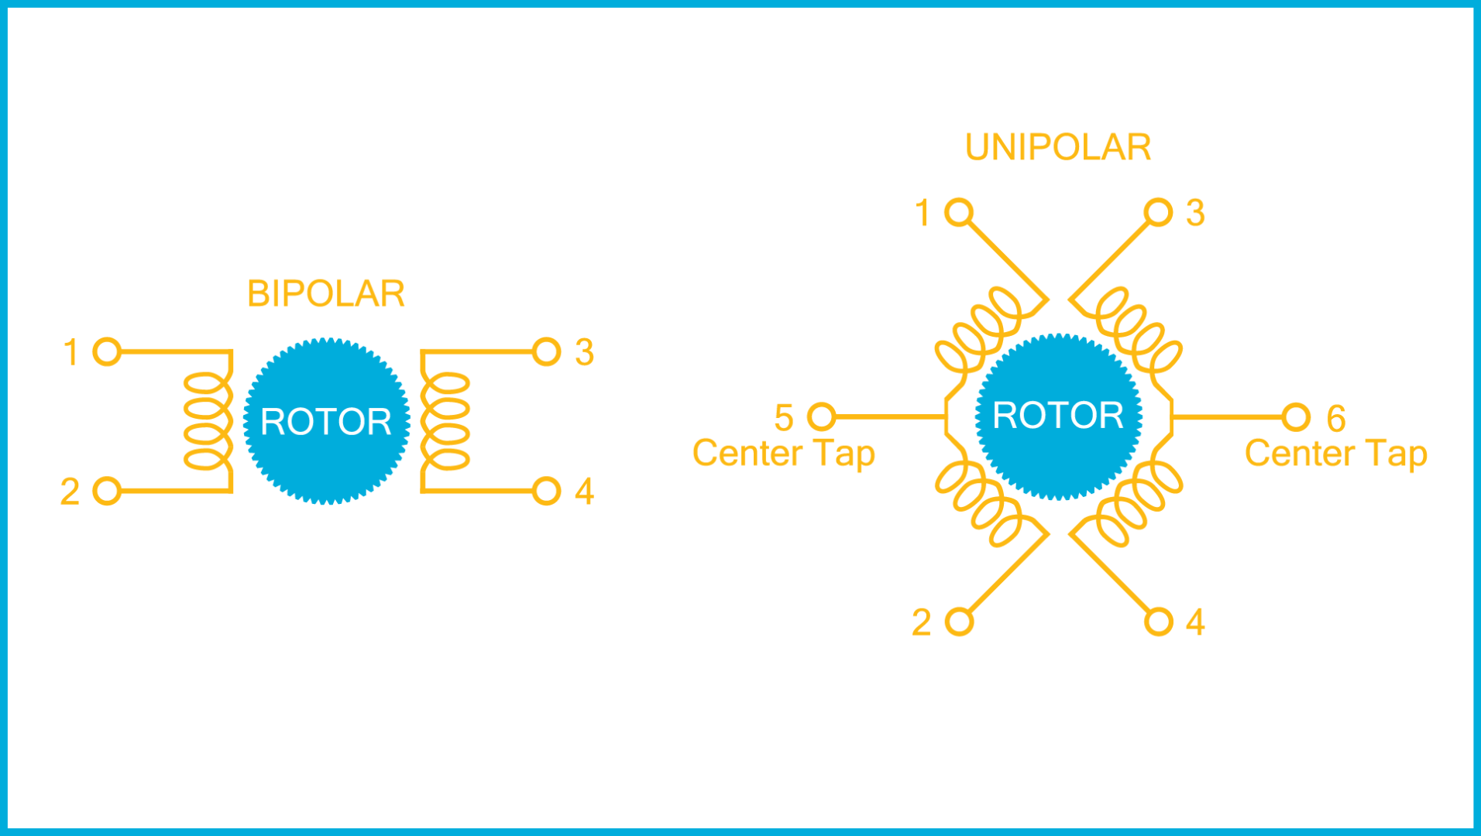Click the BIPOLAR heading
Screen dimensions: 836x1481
[325, 293]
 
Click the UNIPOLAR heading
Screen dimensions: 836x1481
[1058, 147]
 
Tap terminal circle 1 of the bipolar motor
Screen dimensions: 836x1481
[107, 351]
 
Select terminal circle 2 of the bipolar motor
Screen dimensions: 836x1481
[107, 491]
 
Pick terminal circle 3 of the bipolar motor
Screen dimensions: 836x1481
[546, 351]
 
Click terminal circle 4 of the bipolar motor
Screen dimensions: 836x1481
[546, 491]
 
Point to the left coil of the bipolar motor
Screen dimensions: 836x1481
[208, 421]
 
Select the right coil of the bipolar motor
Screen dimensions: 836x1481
[445, 421]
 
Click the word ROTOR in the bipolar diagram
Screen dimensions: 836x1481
[325, 422]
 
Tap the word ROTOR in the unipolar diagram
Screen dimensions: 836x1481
[1058, 416]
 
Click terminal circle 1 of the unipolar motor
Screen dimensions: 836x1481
[959, 212]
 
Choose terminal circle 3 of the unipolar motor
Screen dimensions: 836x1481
[1158, 212]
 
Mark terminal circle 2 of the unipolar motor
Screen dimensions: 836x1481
[959, 622]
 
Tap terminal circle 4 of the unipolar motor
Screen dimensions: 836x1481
[1158, 622]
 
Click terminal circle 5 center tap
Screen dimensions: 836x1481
[822, 416]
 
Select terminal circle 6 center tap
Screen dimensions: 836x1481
[1296, 417]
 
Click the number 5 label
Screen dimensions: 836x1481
[784, 418]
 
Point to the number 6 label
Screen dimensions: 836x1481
[1336, 419]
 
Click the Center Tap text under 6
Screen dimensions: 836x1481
[1335, 454]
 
